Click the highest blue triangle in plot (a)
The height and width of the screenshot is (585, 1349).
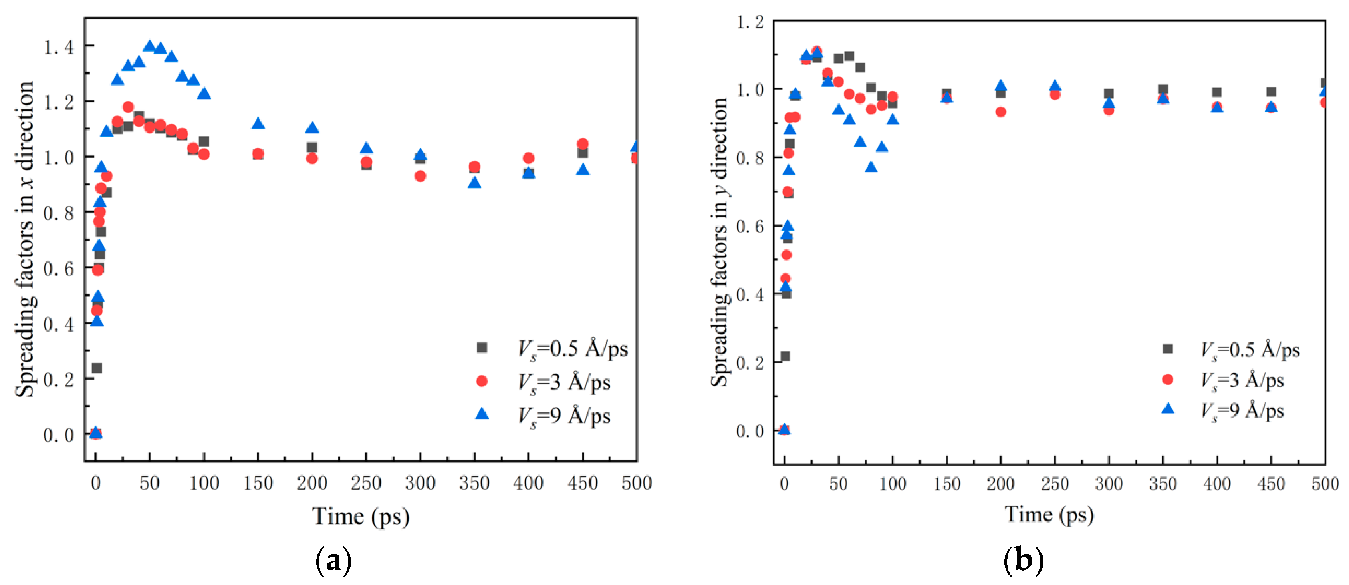pyautogui.click(x=150, y=46)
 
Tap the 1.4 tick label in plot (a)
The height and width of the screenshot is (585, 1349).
pyautogui.click(x=58, y=47)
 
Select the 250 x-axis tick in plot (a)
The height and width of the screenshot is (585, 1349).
pyautogui.click(x=366, y=482)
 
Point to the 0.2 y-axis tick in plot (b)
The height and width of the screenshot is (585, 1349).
pyautogui.click(x=749, y=362)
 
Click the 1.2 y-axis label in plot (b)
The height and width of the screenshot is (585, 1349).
pyautogui.click(x=749, y=22)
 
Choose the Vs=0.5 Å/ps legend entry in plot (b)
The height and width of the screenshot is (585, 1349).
pyautogui.click(x=1249, y=350)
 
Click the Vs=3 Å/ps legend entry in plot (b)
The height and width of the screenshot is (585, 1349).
pyautogui.click(x=1241, y=380)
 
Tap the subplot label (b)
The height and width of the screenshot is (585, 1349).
pyautogui.click(x=1023, y=561)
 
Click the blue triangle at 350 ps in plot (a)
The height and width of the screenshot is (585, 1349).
pyautogui.click(x=474, y=183)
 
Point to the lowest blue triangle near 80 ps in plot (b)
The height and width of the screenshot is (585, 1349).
pyautogui.click(x=871, y=167)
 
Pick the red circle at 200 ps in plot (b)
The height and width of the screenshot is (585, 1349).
pyautogui.click(x=1001, y=111)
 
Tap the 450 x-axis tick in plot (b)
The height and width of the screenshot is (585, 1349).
pyautogui.click(x=1271, y=483)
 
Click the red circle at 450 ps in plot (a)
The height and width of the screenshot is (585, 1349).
pyautogui.click(x=582, y=143)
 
